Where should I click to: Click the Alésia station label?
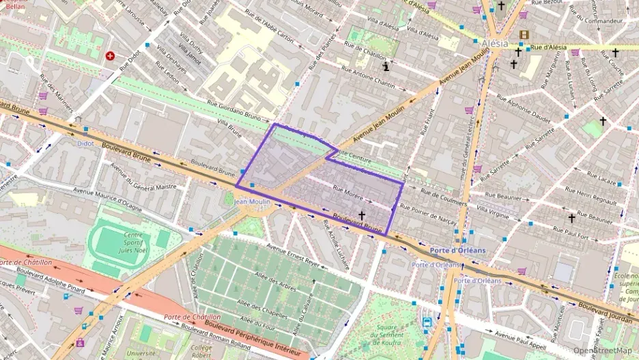pos(495,43)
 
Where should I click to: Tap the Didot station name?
pos(85,143)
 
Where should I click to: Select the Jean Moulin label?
pos(252,202)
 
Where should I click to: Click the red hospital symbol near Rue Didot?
pos(110,55)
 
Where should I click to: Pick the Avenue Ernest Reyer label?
pos(294,255)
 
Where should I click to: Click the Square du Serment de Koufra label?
pos(388,335)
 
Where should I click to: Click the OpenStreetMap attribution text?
pos(601,350)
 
